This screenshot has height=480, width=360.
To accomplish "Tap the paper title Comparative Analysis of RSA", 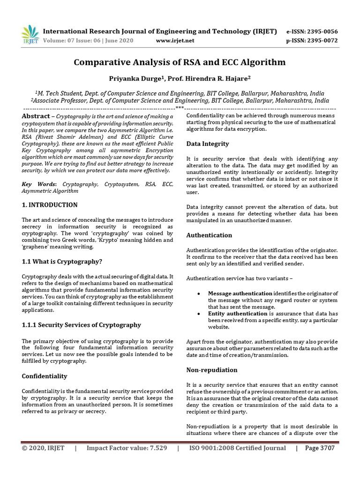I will coord(180,62).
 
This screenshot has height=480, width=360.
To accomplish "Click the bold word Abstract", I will coord(36,116).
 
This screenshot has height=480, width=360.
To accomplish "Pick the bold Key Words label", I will coord(39,185).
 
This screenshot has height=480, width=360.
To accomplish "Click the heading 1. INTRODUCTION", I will coord(50,205).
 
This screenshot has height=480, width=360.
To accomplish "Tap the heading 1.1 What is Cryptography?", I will coord(62,262).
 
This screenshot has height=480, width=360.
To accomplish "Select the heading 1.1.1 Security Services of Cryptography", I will coord(82,325).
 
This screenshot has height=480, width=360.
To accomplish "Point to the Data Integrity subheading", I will coord(208,144).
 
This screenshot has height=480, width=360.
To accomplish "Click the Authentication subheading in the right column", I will coord(209,235).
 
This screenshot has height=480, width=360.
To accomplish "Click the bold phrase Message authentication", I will coord(240,293).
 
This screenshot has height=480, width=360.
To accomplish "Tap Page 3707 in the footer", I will coord(320,448).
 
